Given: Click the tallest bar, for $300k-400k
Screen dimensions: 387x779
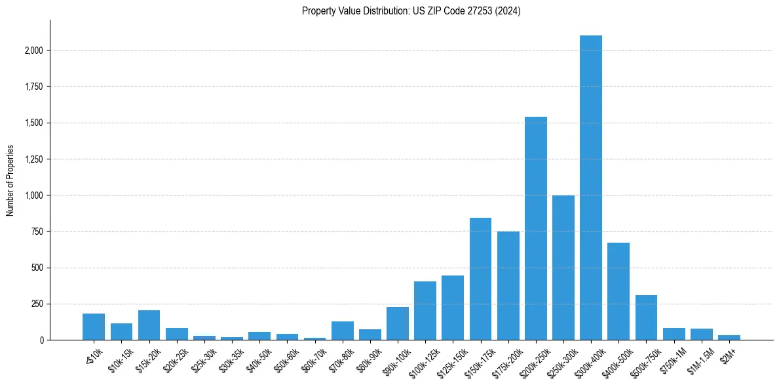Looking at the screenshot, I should click(x=590, y=188).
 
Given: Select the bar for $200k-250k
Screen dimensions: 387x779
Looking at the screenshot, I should click(x=535, y=228).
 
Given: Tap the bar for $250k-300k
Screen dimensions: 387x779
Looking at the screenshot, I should click(x=563, y=268).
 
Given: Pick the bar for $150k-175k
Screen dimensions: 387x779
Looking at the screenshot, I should click(x=480, y=279).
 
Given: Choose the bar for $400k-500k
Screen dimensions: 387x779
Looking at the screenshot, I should click(x=618, y=291).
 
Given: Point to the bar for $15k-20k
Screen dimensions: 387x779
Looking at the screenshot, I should click(x=149, y=325).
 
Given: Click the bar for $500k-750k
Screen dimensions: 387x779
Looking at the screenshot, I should click(x=645, y=317).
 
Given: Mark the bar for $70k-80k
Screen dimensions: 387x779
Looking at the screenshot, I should click(x=342, y=331).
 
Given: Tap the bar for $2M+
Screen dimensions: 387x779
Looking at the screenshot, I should click(x=729, y=337).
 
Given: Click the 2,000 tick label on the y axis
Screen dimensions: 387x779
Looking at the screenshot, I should click(x=34, y=51).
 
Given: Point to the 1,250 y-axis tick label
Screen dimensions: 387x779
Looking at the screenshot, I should click(x=34, y=159).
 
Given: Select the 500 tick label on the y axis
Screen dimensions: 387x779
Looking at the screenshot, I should click(x=38, y=268).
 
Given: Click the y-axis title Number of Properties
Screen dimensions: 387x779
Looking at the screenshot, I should click(x=10, y=180).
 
